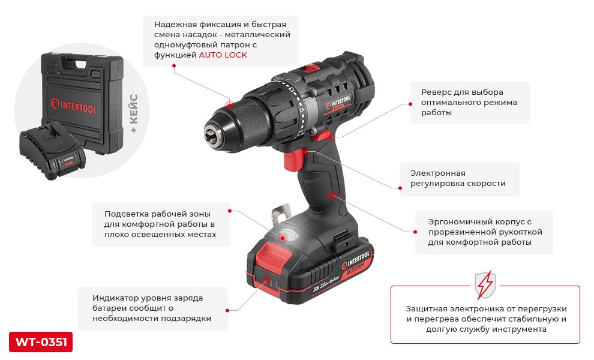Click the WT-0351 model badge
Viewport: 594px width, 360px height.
click(41, 342)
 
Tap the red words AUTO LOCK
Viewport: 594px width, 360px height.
click(223, 55)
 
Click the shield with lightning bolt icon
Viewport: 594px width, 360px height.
click(485, 285)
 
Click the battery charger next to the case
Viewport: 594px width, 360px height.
click(52, 151)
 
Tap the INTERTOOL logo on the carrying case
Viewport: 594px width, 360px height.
click(74, 106)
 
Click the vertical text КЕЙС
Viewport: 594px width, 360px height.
click(133, 109)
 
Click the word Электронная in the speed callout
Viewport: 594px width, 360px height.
click(437, 173)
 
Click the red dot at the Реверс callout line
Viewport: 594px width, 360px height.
click(410, 104)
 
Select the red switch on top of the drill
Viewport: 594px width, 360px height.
click(311, 68)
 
